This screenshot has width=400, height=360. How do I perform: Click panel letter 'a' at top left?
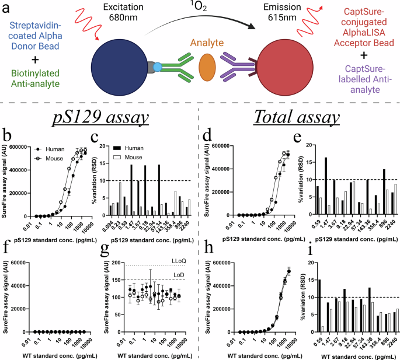6,8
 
